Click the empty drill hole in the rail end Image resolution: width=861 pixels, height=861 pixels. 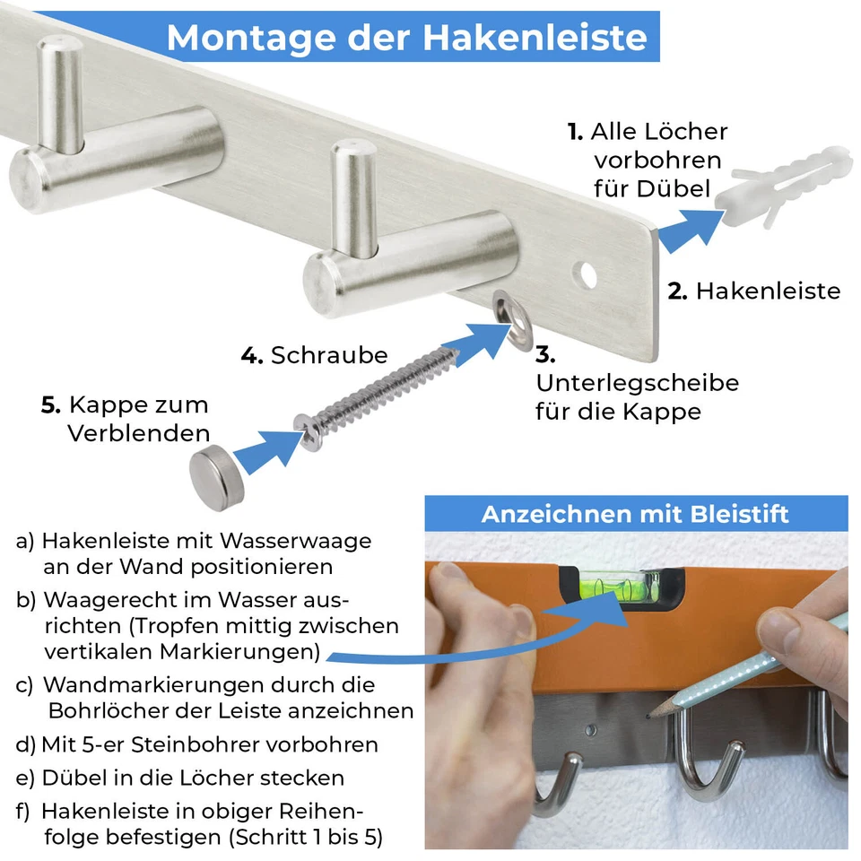tap(588, 274)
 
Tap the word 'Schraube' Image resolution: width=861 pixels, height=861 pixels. tap(329, 355)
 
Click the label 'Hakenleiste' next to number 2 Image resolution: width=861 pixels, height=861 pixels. tap(768, 291)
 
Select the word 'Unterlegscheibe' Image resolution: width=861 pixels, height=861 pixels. tap(637, 382)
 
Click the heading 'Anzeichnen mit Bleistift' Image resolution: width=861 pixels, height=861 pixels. tap(635, 514)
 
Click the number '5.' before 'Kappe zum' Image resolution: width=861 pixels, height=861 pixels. tap(51, 404)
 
